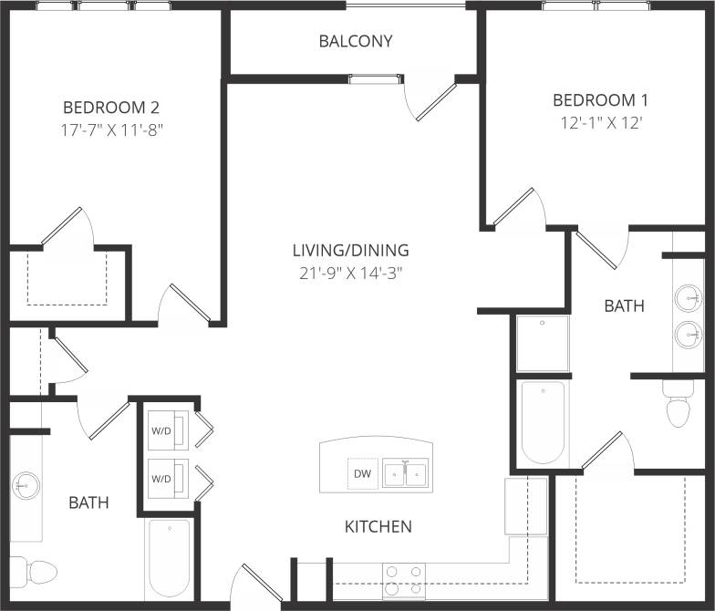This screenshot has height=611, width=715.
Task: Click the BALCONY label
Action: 356,41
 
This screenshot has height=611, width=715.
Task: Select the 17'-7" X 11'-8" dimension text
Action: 111,129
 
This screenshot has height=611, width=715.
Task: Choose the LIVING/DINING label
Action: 350,250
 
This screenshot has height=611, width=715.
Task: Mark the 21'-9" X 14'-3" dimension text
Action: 350,273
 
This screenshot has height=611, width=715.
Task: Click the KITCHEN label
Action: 378,526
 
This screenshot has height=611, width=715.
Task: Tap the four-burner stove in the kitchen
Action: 404,579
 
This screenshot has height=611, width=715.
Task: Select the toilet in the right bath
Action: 679,407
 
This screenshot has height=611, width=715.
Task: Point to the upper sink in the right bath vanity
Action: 689,298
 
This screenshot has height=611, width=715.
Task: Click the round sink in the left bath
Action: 26,485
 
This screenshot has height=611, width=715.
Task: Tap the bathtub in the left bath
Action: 169,558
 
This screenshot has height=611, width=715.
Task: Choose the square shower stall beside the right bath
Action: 542,344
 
